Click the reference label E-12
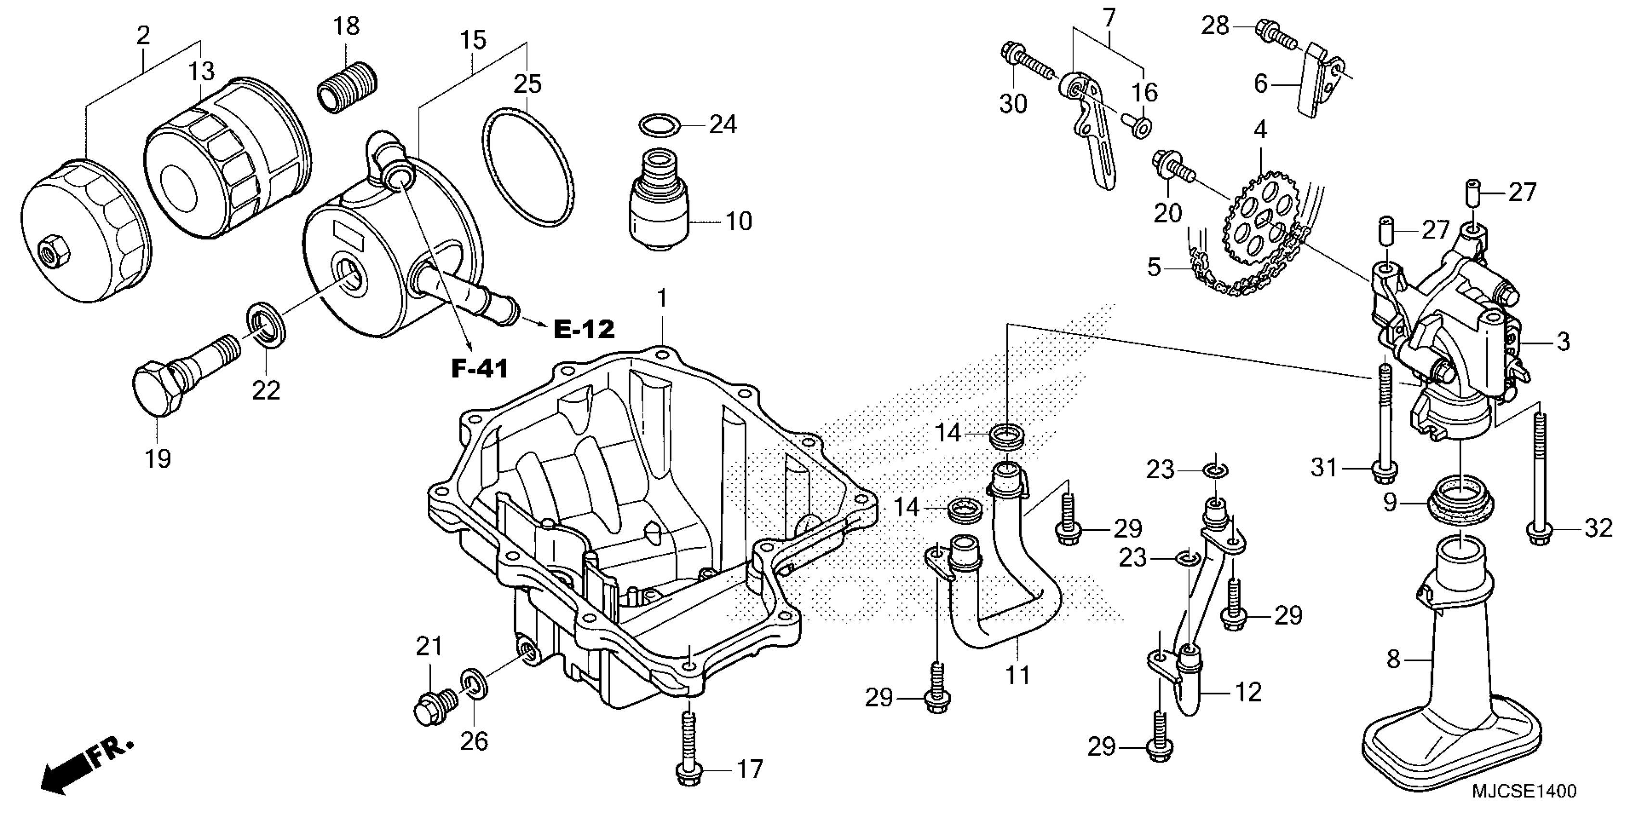(584, 329)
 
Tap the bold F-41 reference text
(480, 369)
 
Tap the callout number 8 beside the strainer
(1393, 660)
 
